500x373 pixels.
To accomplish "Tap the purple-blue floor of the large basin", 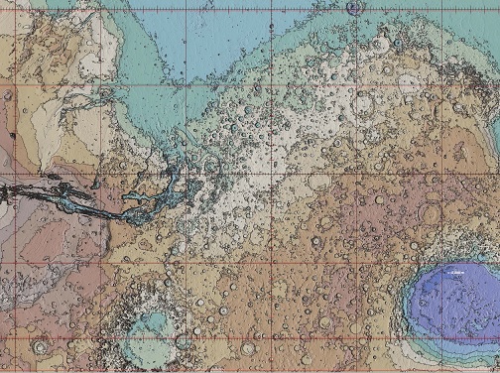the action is click(x=451, y=298).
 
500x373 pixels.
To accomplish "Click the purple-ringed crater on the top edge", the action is click(x=355, y=8).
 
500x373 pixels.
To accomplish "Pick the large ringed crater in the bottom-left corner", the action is click(x=40, y=346).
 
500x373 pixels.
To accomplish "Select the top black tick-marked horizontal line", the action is click(x=248, y=11).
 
